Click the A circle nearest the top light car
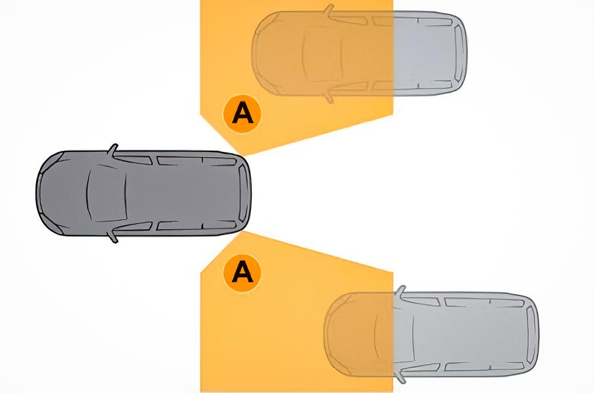pos(242,113)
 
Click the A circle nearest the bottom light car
pos(242,272)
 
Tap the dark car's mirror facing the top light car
pos(113,150)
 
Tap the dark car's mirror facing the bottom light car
pos(113,236)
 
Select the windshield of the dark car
pos(106,193)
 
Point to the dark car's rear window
pos(244,193)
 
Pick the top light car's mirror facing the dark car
pos(328,97)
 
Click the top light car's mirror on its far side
pos(328,10)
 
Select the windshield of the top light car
pos(322,54)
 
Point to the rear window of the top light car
pos(460,53)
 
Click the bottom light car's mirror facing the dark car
pos(400,291)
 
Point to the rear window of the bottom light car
pos(532,334)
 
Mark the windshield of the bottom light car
pos(394,334)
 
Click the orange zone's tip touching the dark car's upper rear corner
pos(243,155)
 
